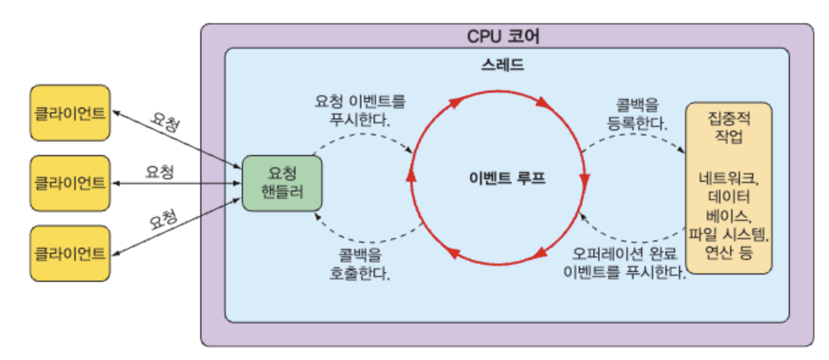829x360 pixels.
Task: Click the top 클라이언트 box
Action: (70, 113)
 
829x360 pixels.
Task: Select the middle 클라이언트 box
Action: (70, 184)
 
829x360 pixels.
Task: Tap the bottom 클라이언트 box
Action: (70, 254)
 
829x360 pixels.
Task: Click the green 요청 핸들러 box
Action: (282, 184)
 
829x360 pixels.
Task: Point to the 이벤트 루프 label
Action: (507, 178)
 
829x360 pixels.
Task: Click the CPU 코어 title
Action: (503, 36)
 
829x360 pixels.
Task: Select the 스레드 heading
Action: (502, 65)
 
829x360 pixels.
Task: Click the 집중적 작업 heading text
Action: (729, 128)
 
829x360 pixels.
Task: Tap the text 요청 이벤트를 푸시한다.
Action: (360, 110)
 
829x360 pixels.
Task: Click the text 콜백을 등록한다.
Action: (637, 114)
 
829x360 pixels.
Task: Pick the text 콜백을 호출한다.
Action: (360, 264)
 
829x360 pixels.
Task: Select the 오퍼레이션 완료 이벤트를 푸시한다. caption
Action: (624, 263)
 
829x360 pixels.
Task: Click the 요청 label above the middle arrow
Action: (159, 172)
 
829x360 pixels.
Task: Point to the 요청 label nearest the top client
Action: (165, 121)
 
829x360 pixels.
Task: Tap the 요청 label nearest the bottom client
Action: (163, 220)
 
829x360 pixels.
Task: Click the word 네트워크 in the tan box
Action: (728, 179)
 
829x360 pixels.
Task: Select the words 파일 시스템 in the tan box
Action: (728, 234)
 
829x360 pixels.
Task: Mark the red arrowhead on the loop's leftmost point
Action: (411, 174)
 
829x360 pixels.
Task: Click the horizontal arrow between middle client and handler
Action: (176, 184)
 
